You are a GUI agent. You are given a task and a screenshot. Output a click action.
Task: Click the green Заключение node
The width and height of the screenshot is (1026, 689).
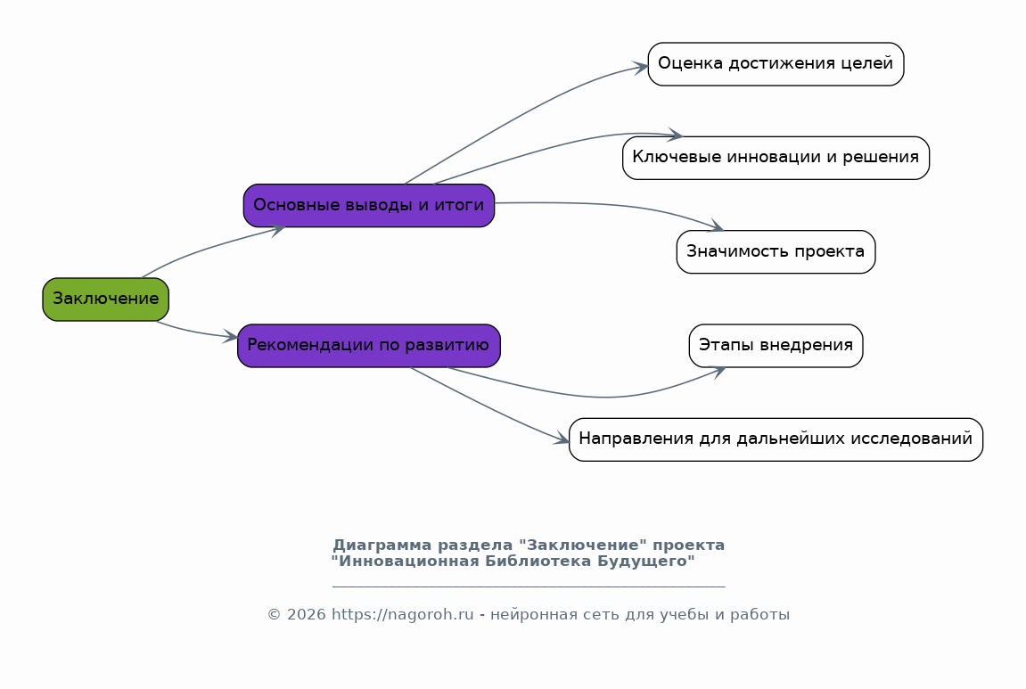[106, 299]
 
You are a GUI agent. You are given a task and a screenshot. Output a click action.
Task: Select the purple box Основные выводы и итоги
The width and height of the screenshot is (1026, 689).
[369, 206]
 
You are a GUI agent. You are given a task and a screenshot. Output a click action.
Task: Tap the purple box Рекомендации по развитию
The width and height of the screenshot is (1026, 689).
[369, 346]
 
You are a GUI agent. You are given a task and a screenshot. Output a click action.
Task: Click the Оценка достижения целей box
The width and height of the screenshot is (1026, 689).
[776, 64]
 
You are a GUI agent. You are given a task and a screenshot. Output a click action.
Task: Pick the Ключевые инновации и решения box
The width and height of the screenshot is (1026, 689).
[776, 158]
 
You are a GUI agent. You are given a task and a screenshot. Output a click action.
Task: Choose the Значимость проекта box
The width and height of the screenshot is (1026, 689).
[776, 252]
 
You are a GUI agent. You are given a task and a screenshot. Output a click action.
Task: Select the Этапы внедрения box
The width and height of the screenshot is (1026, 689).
[776, 346]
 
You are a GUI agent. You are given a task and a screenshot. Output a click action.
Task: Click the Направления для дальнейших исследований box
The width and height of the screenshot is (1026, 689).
[776, 439]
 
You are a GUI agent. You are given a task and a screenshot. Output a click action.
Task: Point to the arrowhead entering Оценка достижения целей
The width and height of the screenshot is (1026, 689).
[639, 67]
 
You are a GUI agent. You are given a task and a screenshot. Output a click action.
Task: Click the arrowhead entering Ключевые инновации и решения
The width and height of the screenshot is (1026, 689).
[674, 135]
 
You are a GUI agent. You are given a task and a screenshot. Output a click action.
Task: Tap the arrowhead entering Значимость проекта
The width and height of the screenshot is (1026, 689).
[715, 226]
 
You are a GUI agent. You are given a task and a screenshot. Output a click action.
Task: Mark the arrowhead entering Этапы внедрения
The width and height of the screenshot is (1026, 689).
[718, 371]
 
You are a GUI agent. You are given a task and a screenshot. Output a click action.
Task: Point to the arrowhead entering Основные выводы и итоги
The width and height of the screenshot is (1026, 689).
[277, 230]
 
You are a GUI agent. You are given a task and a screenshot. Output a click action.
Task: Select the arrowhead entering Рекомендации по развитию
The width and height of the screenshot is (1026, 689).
[230, 337]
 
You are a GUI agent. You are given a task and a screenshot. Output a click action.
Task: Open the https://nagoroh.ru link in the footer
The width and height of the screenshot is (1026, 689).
[402, 615]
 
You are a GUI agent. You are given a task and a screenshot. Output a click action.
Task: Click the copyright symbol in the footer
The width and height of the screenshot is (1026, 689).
[275, 615]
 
